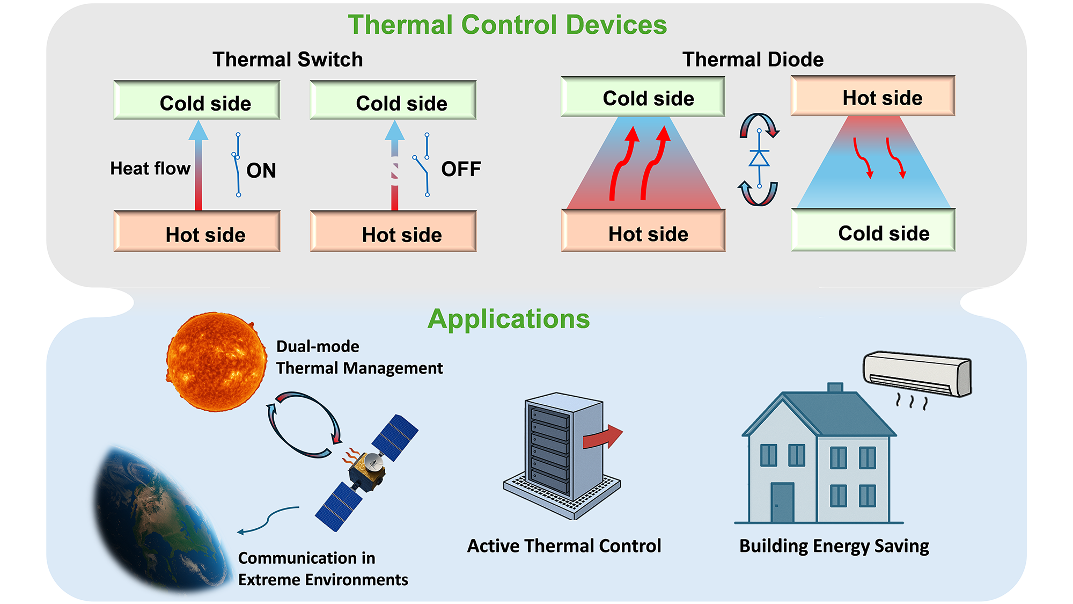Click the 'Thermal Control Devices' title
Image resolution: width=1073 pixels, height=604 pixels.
coord(507,25)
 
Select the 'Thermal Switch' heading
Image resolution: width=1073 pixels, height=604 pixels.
coord(288,59)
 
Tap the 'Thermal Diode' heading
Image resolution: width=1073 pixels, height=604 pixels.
coord(753,59)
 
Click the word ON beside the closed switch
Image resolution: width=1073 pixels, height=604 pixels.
coord(261,171)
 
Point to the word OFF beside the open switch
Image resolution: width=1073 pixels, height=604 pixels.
coord(461,169)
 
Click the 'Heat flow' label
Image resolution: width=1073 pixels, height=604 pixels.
coord(150,169)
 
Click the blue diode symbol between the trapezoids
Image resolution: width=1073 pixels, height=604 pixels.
coord(759,158)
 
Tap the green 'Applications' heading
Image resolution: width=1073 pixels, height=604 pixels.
coord(509,319)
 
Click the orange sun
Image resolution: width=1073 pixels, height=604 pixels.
coord(216,362)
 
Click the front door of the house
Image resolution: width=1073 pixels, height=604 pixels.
coord(782,503)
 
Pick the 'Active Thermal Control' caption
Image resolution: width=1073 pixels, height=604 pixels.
coord(564,546)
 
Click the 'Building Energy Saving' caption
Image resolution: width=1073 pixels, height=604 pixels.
coord(834,546)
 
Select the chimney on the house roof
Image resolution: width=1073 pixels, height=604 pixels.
coord(835,388)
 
